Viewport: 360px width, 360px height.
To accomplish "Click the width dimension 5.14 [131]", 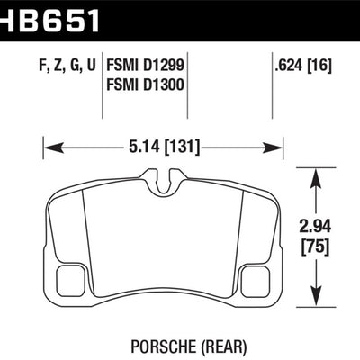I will (x=164, y=141).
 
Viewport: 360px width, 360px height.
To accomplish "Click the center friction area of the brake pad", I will (x=164, y=238).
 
